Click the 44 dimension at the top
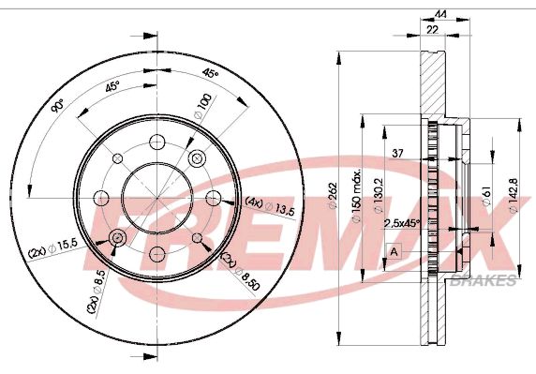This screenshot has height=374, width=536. (x=440, y=14)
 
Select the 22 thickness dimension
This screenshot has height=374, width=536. (x=432, y=30)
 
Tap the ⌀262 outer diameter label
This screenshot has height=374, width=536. (x=333, y=196)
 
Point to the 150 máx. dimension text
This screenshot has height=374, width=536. (x=356, y=195)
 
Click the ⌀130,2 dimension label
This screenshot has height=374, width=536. (x=378, y=196)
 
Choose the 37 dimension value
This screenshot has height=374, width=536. (x=397, y=153)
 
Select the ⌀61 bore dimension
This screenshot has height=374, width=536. (x=486, y=196)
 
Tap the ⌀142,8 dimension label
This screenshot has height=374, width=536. (x=514, y=196)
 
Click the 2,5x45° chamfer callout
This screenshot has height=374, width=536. (x=402, y=223)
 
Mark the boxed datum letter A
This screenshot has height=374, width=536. (x=395, y=251)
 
